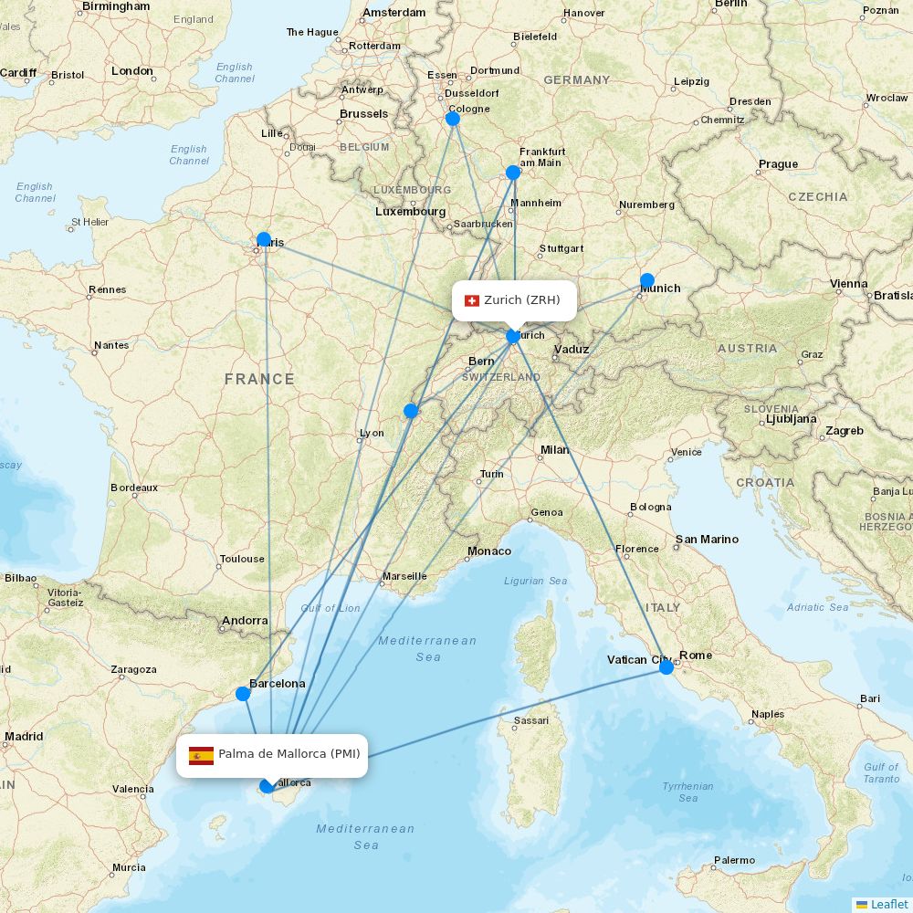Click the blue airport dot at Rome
[x=666, y=667]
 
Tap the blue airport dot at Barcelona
[x=243, y=694]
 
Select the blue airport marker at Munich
[x=647, y=280]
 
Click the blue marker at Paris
[x=264, y=239]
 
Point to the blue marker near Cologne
[x=453, y=119]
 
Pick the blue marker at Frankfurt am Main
[x=513, y=173]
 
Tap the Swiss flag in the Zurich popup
[x=472, y=300]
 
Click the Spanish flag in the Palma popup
[x=201, y=755]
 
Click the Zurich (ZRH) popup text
[x=522, y=300]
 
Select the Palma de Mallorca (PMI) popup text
[x=289, y=754]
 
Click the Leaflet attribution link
[x=888, y=904]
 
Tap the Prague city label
[x=778, y=164]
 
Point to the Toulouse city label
[x=242, y=559]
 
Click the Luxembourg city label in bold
[x=410, y=211]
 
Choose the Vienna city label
[x=849, y=284]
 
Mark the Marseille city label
[x=404, y=576]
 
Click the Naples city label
[x=768, y=714]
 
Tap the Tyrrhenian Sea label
[x=688, y=792]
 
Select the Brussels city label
[x=363, y=114]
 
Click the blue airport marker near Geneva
[x=411, y=411]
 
